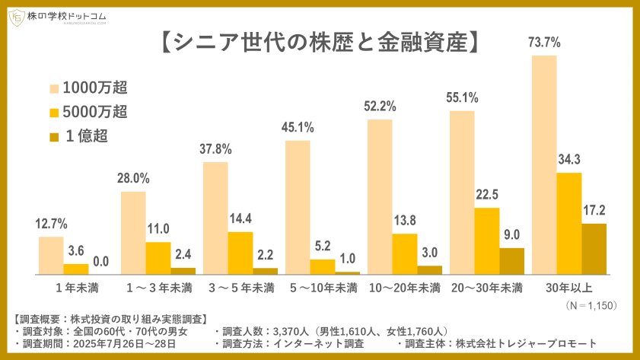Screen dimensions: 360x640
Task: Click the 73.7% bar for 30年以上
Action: click(544, 164)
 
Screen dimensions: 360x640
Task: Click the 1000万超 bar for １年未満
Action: click(51, 255)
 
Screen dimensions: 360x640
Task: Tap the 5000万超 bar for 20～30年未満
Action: click(487, 241)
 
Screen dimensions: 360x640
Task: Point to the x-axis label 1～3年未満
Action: click(158, 288)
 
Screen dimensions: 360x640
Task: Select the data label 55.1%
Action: click(462, 98)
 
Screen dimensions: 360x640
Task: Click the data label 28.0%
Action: click(133, 179)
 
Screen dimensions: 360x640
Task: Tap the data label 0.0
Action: click(100, 262)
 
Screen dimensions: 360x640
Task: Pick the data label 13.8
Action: click(405, 221)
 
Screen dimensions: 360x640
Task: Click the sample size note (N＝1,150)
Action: click(591, 304)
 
